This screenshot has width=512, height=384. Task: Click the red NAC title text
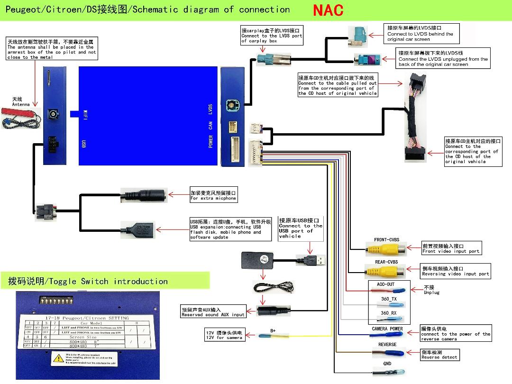coord(328,10)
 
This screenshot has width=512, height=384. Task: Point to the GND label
coord(387,364)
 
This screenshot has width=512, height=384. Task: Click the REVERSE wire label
coord(387,345)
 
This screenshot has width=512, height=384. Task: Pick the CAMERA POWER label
coord(387,329)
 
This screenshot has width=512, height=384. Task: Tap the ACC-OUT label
coord(385,284)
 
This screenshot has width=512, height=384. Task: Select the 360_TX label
coord(389,299)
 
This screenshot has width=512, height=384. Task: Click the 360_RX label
coord(389,313)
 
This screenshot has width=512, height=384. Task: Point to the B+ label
coord(273,330)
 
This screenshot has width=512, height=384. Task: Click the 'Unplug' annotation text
coord(431,293)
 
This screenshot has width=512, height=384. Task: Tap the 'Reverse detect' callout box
coord(439,355)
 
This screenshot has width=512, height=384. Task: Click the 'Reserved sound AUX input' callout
coord(213,312)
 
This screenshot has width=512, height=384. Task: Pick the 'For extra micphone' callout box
coord(213,195)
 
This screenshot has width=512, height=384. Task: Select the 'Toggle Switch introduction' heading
coord(88,281)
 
